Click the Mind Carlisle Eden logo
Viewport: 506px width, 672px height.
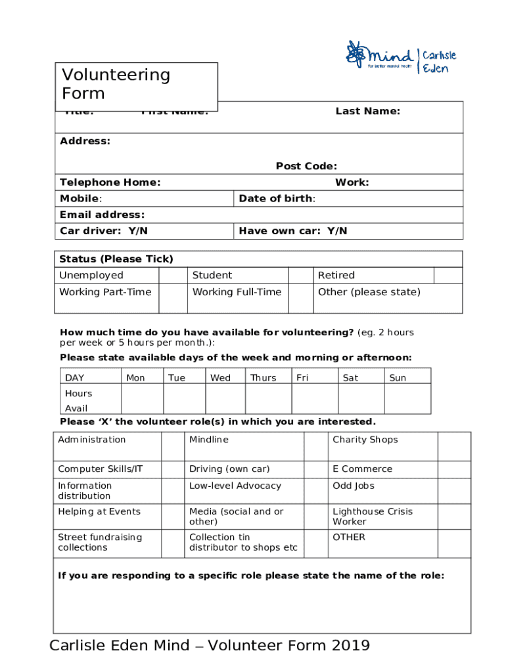401,58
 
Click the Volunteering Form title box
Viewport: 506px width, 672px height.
139,84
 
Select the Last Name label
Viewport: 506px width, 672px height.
367,112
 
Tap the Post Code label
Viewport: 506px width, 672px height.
306,167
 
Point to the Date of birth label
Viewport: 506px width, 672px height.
277,199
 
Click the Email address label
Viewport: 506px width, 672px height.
102,215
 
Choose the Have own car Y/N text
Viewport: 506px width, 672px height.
293,231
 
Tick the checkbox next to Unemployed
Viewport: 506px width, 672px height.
173,275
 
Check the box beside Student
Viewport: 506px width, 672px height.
301,275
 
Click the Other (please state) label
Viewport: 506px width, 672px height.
369,292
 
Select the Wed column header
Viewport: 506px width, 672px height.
220,378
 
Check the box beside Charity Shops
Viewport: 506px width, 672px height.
454,446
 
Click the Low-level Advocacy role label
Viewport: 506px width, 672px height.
235,486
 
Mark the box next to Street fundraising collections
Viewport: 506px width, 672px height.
173,543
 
